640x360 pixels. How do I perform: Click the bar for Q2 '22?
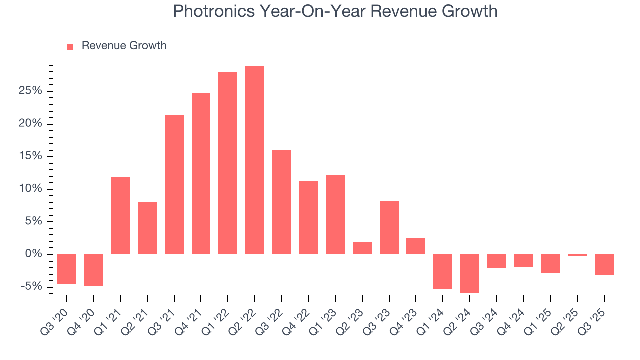click(x=255, y=160)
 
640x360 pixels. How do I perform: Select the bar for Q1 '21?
click(x=120, y=215)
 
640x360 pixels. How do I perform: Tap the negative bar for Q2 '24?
click(x=470, y=273)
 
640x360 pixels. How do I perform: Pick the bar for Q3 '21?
click(x=174, y=184)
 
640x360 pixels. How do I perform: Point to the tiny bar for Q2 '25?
click(x=577, y=255)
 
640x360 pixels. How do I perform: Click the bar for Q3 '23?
click(x=389, y=228)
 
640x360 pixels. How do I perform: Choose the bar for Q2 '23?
click(x=362, y=248)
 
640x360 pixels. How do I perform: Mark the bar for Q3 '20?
click(x=67, y=269)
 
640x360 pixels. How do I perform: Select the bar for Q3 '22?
click(x=282, y=202)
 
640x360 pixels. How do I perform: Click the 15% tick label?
click(x=31, y=156)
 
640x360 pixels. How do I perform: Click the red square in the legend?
click(x=70, y=46)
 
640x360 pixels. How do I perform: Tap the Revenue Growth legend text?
click(x=124, y=46)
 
